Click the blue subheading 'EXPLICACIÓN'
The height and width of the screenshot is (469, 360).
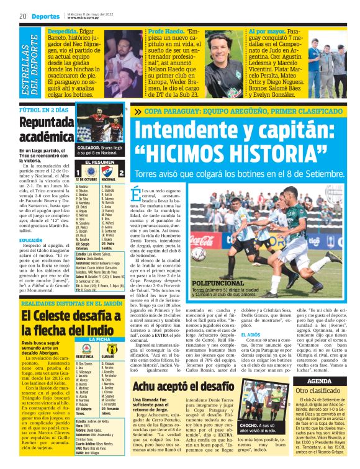tap(30, 239)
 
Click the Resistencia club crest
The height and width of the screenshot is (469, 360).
tap(81, 348)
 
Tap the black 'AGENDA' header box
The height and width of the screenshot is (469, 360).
tap(328, 380)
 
